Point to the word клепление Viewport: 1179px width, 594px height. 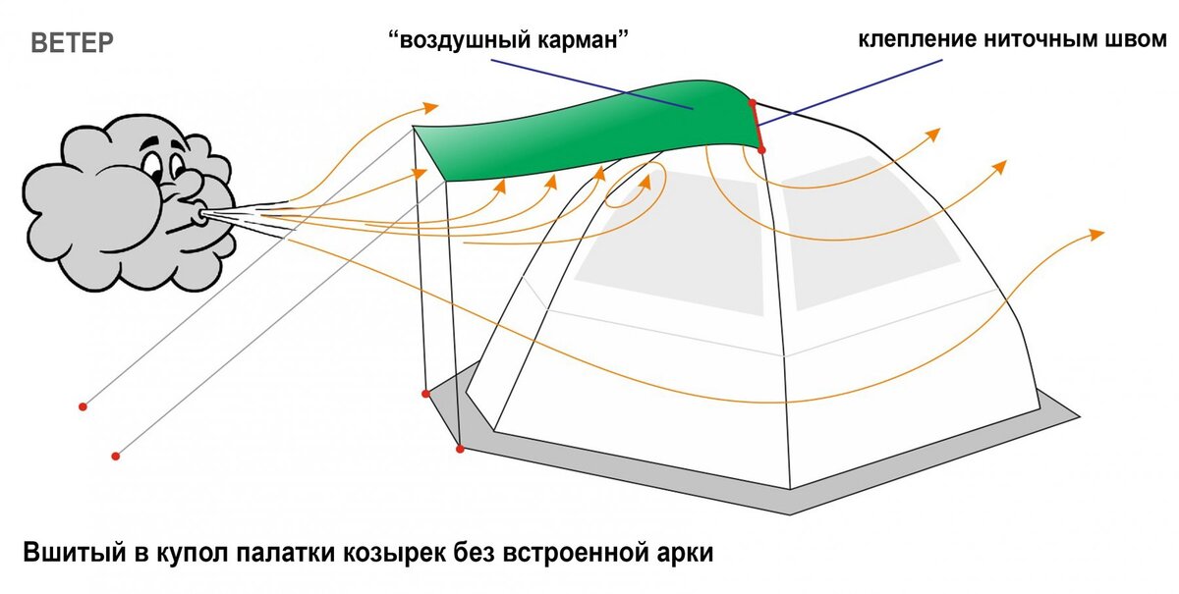919,40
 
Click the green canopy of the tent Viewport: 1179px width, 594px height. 589,128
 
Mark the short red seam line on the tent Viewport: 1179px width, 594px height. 757,125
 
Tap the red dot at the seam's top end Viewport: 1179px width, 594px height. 752,101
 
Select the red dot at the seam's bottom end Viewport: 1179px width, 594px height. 762,148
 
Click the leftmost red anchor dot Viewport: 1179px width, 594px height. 83,405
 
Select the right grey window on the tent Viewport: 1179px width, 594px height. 865,226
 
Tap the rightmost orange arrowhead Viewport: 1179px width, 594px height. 1097,234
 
